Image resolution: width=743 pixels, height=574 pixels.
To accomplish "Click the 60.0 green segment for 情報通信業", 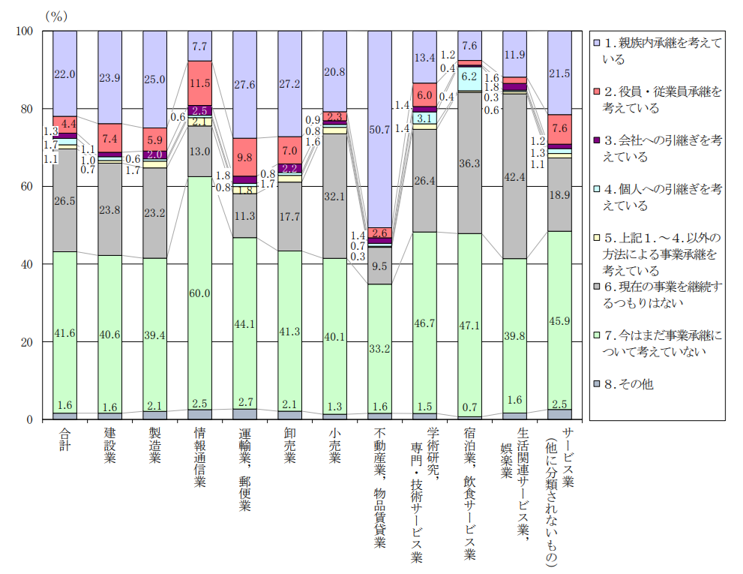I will click(200, 293).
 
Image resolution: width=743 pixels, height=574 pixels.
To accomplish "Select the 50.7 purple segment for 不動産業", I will click(380, 129).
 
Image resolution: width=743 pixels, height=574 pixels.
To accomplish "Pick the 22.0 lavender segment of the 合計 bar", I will click(64, 74).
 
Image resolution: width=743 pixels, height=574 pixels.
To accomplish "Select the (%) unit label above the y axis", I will click(58, 15).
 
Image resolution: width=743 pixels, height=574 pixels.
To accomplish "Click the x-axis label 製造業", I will click(155, 445).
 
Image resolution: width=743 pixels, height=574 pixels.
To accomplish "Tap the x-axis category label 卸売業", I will click(290, 445).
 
